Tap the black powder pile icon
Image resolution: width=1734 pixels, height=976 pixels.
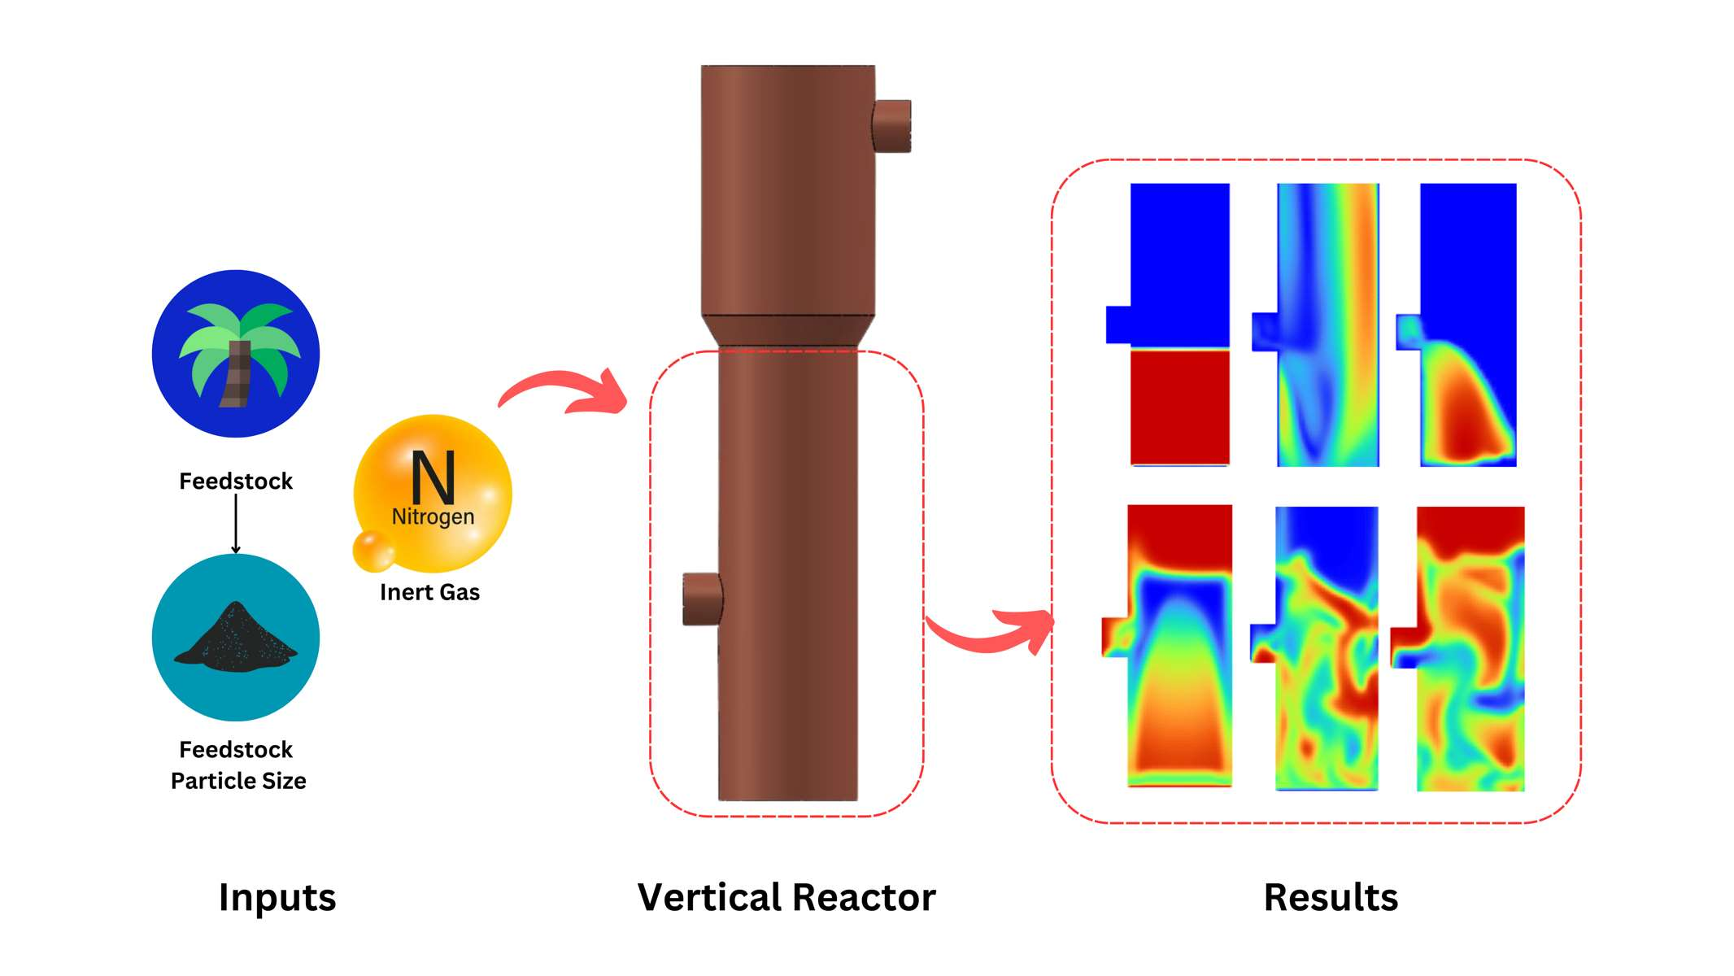pyautogui.click(x=236, y=638)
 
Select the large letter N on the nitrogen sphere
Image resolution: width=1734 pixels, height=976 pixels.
pyautogui.click(x=433, y=478)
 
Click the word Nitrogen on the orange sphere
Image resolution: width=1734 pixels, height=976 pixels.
pyautogui.click(x=433, y=516)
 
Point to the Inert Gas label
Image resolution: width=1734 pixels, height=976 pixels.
pyautogui.click(x=429, y=592)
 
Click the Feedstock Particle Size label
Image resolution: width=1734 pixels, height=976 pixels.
pyautogui.click(x=237, y=765)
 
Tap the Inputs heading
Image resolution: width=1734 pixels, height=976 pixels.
pyautogui.click(x=277, y=898)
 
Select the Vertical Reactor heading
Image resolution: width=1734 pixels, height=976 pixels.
pyautogui.click(x=786, y=898)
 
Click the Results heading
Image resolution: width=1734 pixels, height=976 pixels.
pyautogui.click(x=1331, y=898)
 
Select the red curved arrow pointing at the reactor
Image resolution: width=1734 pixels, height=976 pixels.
pyautogui.click(x=565, y=390)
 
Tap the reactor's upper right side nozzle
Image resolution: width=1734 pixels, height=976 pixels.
pyautogui.click(x=892, y=126)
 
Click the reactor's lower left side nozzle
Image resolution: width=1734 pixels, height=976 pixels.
pyautogui.click(x=702, y=599)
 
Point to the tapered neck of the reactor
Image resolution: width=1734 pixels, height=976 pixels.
pyautogui.click(x=788, y=332)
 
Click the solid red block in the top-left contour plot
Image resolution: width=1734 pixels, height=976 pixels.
pyautogui.click(x=1179, y=407)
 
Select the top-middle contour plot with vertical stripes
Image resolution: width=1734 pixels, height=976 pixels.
pyautogui.click(x=1327, y=325)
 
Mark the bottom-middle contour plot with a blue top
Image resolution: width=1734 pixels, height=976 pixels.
pyautogui.click(x=1326, y=648)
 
